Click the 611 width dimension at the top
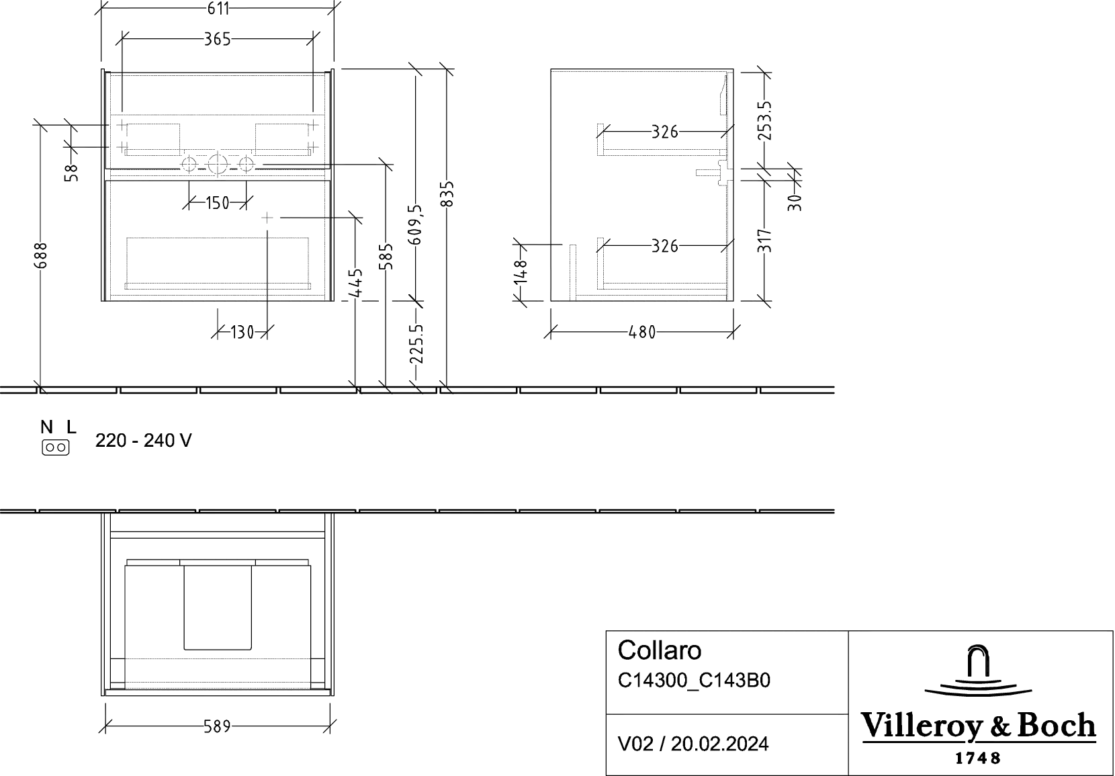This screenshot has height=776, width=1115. tap(217, 9)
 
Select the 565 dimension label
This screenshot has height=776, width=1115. tap(217, 40)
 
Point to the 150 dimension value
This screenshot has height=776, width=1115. tap(218, 202)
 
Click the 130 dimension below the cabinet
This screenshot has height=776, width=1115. tap(242, 331)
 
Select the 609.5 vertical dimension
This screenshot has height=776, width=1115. tap(417, 225)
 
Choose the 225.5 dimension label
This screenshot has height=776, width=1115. tap(417, 343)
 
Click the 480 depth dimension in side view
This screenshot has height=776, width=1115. tap(642, 331)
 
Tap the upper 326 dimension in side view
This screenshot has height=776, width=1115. tap(664, 132)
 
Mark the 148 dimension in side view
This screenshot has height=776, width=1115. tap(521, 273)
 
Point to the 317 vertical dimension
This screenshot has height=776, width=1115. tap(765, 241)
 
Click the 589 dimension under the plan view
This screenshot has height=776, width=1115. tap(217, 726)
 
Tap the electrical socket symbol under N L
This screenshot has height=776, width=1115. tap(55, 447)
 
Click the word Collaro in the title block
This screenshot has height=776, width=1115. tap(660, 650)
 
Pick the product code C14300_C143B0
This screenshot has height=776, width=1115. tap(695, 681)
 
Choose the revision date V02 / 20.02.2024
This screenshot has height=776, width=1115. tap(693, 744)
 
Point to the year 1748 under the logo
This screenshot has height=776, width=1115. tap(979, 758)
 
